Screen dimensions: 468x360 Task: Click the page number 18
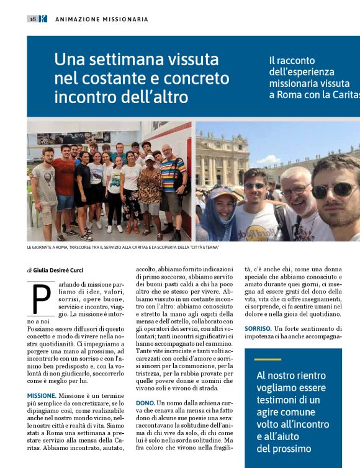(32, 19)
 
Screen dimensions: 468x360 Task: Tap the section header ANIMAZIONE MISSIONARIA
(102, 19)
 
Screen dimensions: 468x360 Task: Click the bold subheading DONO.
(146, 403)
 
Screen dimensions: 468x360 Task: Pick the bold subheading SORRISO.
(258, 328)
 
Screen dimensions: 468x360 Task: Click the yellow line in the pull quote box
(268, 359)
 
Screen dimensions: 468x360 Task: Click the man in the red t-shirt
(64, 180)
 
